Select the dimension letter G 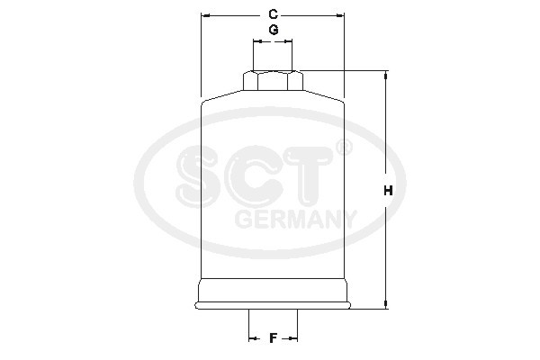273,31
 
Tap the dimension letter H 389,191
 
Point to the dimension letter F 273,338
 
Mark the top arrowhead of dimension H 387,76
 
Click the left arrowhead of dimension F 252,338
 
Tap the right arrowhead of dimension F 293,338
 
